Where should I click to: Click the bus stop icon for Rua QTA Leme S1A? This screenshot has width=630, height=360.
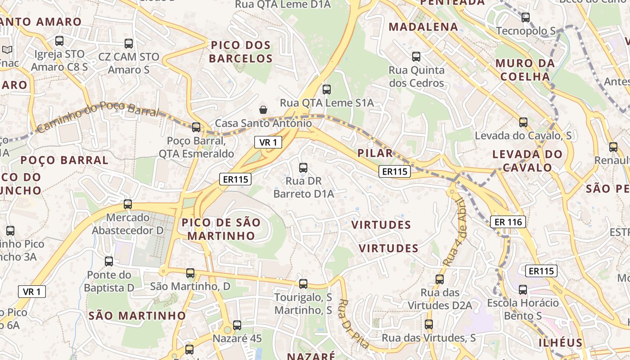coord(327,90)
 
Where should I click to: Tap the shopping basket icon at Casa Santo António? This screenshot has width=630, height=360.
coord(263,110)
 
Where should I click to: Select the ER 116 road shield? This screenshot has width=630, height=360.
coord(508,222)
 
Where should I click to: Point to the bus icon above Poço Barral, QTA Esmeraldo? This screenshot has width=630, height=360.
coord(196,127)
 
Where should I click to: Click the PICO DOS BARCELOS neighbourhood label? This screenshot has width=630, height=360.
coord(241,52)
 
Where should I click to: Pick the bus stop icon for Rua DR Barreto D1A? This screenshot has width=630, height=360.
coord(303,168)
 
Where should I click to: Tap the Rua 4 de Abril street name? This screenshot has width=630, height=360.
coord(455,231)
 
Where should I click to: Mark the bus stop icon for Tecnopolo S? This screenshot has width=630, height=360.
coord(526,18)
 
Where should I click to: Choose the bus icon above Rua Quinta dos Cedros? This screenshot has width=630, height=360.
coord(416,57)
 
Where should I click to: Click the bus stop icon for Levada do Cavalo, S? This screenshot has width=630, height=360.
coord(523,122)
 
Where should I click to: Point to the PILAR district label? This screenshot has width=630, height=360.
coord(375,153)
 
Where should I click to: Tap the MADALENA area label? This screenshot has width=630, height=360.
coord(423,27)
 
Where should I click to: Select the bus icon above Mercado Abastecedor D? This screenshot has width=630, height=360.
coord(128,204)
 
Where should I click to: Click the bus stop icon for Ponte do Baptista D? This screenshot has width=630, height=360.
coord(109,261)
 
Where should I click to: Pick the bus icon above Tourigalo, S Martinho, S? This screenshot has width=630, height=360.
coord(303,284)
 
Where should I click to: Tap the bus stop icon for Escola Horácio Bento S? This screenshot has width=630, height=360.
coord(523,290)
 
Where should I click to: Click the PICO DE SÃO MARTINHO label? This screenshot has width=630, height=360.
coord(221,229)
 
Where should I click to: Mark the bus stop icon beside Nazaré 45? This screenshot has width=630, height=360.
coord(237,325)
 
